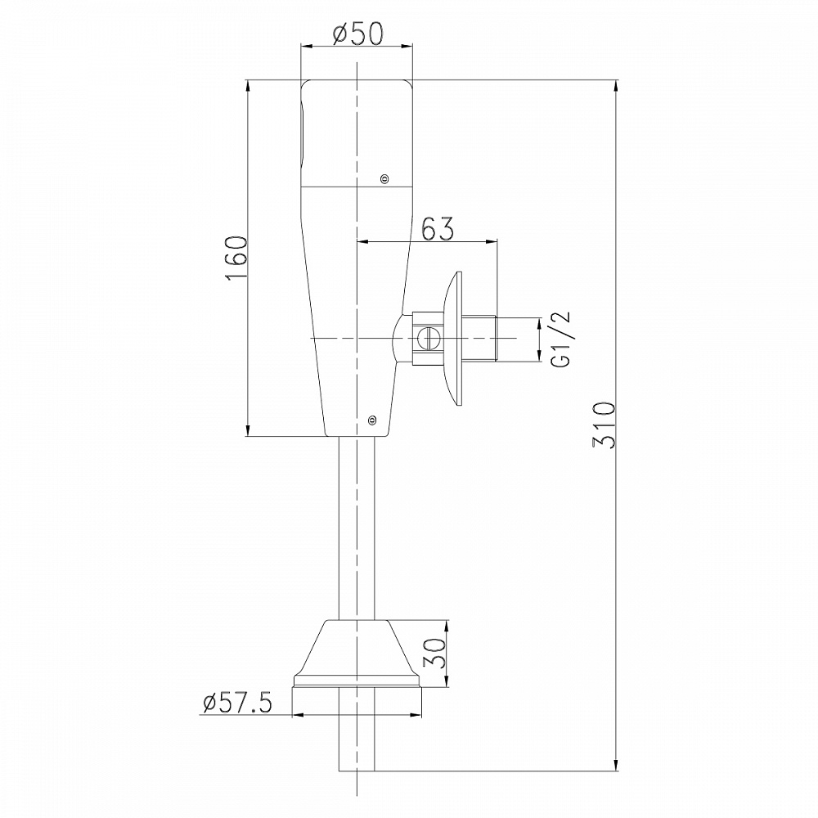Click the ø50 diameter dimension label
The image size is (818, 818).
358,34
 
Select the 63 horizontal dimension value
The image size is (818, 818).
437,228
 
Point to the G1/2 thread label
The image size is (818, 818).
560,339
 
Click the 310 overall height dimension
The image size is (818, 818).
605,425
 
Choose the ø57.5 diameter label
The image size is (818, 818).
238,704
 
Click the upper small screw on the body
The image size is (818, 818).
385,179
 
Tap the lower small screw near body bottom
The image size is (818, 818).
372,418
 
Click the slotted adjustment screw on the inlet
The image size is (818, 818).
429,339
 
